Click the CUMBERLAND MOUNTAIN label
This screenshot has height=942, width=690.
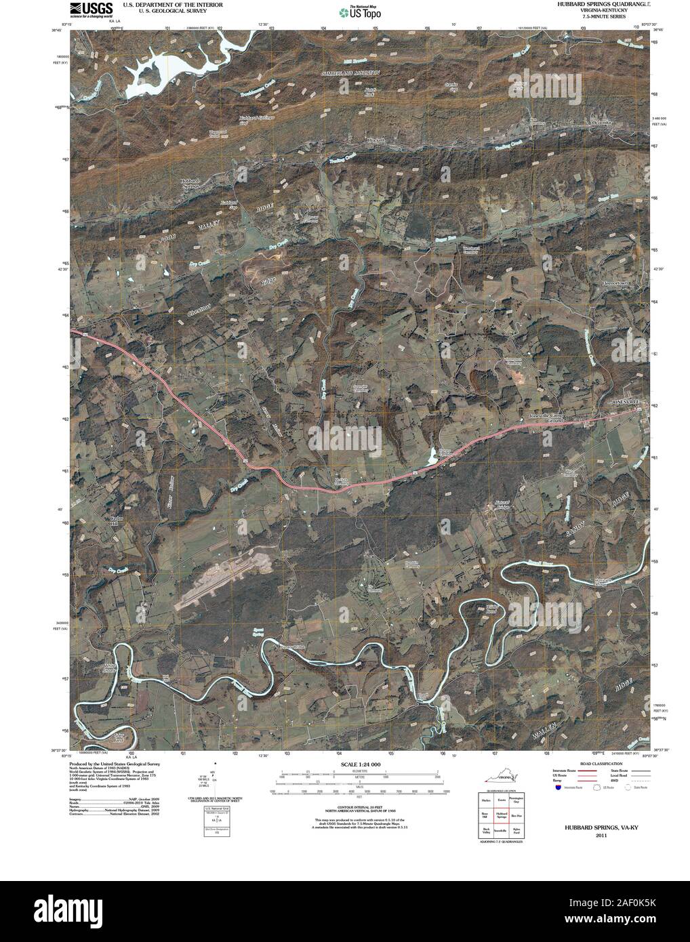351,71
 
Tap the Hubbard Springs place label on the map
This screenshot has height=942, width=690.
190,184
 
